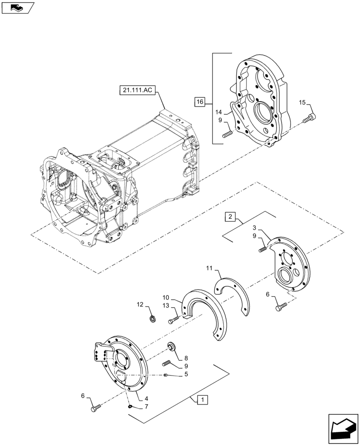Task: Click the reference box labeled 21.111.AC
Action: coord(137,90)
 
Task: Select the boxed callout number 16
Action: coord(199,102)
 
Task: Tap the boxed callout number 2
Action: coord(229,217)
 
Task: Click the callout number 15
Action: coord(302,103)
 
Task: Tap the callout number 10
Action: coord(166,297)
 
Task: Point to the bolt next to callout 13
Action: coord(174,320)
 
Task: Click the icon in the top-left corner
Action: coord(17,8)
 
